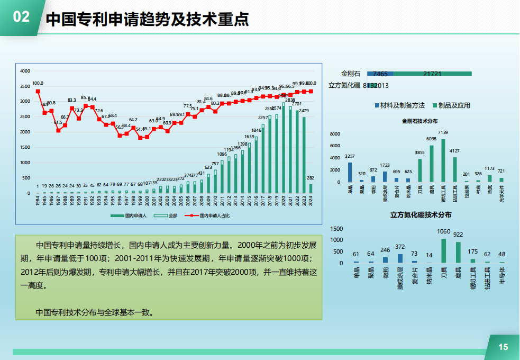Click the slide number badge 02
tap(21, 17)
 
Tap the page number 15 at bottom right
tap(503, 347)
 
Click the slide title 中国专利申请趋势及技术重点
tap(148, 20)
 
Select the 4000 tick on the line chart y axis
tap(25, 71)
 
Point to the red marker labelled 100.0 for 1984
tap(38, 91)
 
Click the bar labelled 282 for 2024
tap(311, 188)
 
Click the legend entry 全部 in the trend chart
tap(170, 215)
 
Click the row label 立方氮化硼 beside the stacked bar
tap(344, 85)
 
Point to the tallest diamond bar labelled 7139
tap(443, 160)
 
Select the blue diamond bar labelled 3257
tap(350, 172)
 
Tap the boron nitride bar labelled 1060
tap(443, 250)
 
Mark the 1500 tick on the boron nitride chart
tap(336, 229)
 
